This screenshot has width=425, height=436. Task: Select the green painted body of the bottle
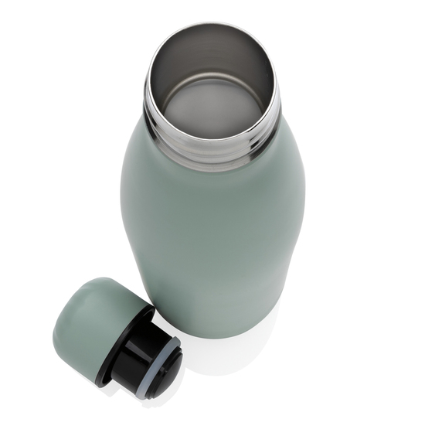click(212, 232)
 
